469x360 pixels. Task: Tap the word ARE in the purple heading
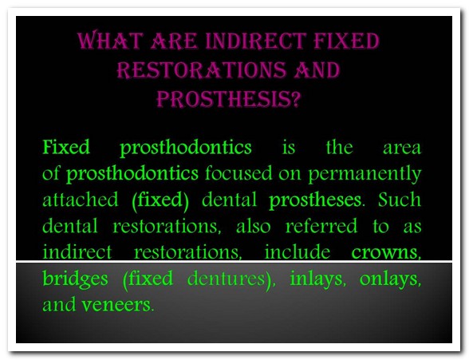[x=174, y=41]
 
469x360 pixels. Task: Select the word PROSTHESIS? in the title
[x=228, y=98]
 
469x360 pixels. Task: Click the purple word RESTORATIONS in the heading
[x=201, y=69]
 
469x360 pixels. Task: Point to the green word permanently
[x=365, y=174]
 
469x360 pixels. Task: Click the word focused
[x=238, y=173]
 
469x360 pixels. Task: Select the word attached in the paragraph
[x=80, y=200]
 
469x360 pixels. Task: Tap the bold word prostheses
[x=315, y=200]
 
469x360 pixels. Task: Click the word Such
[x=400, y=199]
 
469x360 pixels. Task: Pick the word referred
[x=321, y=226]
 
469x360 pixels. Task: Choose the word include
[x=298, y=252]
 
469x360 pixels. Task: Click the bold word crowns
[x=384, y=253]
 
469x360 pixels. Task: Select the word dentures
[x=227, y=279]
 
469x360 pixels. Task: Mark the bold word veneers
[x=116, y=305]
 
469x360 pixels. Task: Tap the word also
[x=254, y=226]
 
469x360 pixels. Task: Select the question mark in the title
[x=295, y=98]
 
